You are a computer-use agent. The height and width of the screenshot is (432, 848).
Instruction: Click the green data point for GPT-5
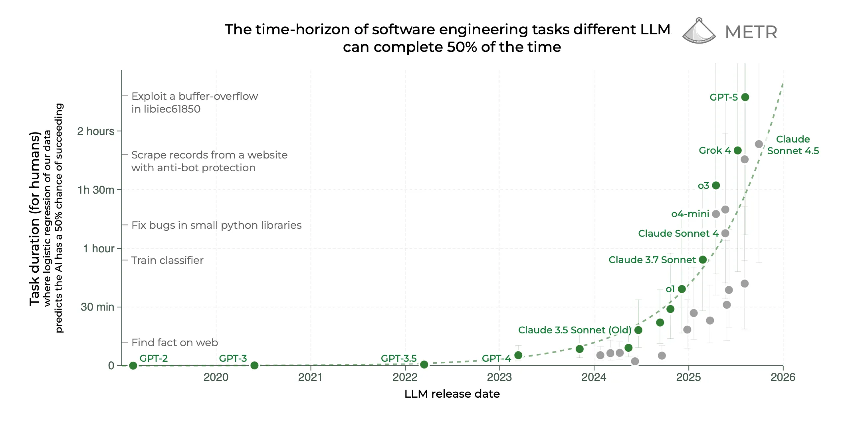click(x=745, y=97)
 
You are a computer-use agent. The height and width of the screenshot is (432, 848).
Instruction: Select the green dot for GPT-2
click(x=133, y=365)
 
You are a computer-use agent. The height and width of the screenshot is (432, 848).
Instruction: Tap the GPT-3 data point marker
click(x=254, y=365)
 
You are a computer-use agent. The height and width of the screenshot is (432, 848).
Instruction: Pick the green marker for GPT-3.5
click(x=424, y=364)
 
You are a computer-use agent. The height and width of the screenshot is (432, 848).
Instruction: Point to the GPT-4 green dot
click(x=518, y=355)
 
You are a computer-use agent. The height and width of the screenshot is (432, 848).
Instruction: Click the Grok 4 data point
click(x=737, y=151)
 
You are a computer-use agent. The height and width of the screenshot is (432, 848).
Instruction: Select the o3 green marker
click(x=716, y=185)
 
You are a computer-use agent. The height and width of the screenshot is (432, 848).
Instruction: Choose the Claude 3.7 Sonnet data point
click(x=703, y=260)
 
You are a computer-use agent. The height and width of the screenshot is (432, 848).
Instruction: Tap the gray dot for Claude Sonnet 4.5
click(x=759, y=144)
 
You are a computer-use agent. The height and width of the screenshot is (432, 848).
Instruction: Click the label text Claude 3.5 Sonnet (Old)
click(x=575, y=330)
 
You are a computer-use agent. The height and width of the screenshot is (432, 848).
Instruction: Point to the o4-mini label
click(x=690, y=214)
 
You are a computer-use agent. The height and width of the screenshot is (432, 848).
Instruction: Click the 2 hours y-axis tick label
click(x=96, y=131)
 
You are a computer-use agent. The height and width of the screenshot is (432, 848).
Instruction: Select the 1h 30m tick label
click(x=96, y=190)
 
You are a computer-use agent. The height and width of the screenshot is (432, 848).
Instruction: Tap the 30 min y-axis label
click(x=97, y=307)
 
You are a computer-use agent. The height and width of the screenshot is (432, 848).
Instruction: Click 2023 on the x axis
click(x=499, y=377)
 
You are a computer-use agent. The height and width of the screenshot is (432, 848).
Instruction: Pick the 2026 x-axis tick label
click(x=783, y=377)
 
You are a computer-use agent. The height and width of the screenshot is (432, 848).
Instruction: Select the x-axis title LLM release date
click(x=452, y=394)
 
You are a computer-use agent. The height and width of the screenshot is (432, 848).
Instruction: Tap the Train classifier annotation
click(x=167, y=260)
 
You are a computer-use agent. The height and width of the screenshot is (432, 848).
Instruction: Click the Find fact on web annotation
click(x=174, y=343)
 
